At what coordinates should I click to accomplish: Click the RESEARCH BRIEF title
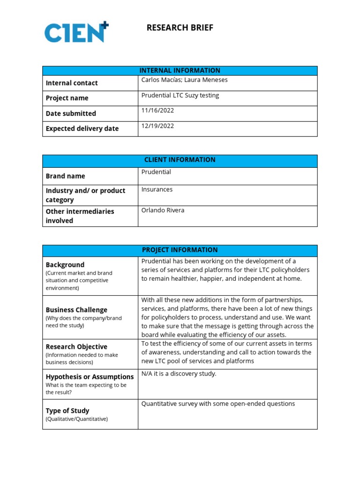point(180,28)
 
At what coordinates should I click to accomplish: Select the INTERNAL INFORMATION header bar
point(180,70)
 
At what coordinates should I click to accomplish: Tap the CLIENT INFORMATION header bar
point(180,160)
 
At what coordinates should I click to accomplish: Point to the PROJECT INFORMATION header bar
point(180,250)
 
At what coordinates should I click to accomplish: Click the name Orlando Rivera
point(163,210)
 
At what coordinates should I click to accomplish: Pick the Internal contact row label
point(72,83)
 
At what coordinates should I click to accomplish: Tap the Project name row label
point(67,98)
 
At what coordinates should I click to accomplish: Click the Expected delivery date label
point(82,128)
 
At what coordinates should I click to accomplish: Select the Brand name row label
point(66,176)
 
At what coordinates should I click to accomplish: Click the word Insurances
point(157,189)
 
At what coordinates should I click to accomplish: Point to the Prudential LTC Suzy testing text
point(180,95)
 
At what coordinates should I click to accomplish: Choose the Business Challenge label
point(76,310)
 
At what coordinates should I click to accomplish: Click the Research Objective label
point(76,347)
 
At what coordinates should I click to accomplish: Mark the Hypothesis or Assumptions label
point(90,377)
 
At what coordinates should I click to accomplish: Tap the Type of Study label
point(67,411)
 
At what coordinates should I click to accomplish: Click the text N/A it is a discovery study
point(179,374)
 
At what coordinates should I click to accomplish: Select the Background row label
point(65,265)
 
